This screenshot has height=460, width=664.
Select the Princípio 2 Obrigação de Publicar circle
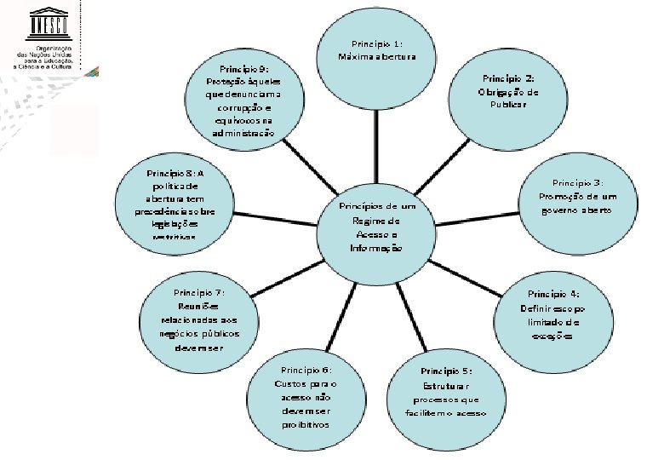pyautogui.click(x=507, y=91)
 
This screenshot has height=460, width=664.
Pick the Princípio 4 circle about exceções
pyautogui.click(x=552, y=308)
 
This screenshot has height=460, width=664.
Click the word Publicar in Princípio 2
pyautogui.click(x=507, y=105)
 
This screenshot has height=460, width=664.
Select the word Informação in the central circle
pyautogui.click(x=375, y=248)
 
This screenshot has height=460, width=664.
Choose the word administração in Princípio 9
pyautogui.click(x=244, y=134)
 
